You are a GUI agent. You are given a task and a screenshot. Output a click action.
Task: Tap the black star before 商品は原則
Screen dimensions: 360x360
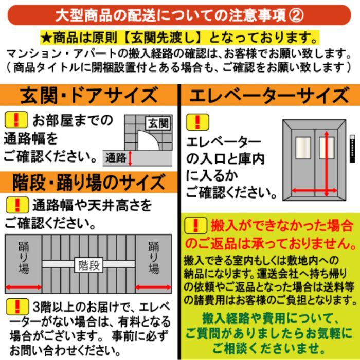[x=45, y=38]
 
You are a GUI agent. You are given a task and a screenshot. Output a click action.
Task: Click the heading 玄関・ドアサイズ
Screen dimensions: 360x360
[x=88, y=96]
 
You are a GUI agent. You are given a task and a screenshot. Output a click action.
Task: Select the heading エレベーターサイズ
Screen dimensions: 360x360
[x=267, y=96]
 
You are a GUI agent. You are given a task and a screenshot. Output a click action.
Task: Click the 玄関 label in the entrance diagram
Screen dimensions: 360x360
[x=159, y=123]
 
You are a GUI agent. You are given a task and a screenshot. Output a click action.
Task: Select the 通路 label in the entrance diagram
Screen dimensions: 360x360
[x=116, y=158]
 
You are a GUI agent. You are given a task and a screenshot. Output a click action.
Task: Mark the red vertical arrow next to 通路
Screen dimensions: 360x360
[x=131, y=158]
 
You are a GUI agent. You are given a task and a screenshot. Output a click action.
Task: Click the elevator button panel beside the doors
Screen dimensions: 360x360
[x=353, y=147]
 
